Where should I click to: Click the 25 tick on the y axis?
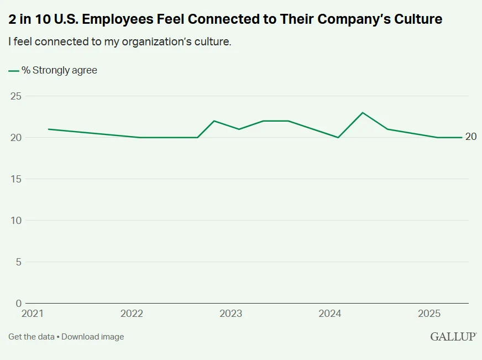(16, 96)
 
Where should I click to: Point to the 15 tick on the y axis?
(16, 179)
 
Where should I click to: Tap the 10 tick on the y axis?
(16, 221)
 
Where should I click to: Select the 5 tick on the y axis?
(18, 262)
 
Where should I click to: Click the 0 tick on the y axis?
(18, 304)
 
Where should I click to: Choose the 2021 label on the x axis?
(33, 314)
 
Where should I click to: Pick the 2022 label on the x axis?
(132, 314)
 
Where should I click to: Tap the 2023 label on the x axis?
(231, 314)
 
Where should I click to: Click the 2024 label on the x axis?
(330, 314)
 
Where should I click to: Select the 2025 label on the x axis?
(429, 314)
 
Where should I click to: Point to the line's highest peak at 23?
(363, 113)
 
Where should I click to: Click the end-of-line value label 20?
(471, 137)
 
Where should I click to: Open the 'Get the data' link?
(31, 337)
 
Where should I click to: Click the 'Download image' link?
(92, 337)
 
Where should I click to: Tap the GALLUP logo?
(453, 337)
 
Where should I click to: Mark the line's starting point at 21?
(49, 129)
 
